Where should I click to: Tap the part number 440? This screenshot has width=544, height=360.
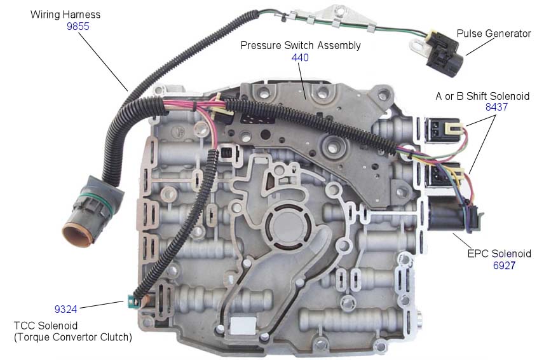300,57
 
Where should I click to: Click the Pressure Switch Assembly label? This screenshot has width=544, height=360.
300,46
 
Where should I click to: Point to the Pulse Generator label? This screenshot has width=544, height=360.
493,34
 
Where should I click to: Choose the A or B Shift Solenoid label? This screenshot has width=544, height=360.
482,96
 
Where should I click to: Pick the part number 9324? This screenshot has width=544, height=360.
65,310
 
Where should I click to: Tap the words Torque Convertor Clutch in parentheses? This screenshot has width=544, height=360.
73,338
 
